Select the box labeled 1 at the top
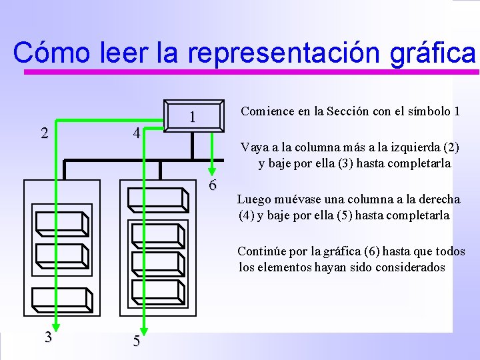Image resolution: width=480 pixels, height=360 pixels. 193,117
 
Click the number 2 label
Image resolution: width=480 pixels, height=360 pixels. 45,133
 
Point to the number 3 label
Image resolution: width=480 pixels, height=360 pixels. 48,337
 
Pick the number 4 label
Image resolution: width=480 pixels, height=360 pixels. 136,133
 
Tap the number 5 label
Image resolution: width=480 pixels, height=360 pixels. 136,341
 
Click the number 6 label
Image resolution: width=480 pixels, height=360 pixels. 212,185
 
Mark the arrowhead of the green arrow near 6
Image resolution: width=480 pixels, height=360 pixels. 213,169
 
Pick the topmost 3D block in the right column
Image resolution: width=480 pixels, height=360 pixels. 159,199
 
